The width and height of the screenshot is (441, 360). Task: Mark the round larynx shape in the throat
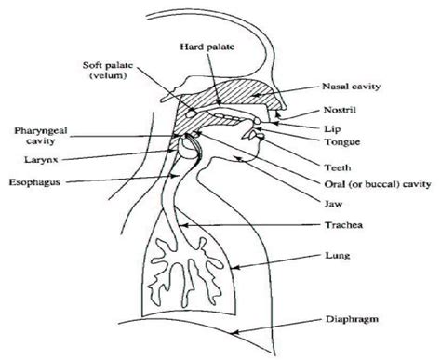(x=190, y=146)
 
